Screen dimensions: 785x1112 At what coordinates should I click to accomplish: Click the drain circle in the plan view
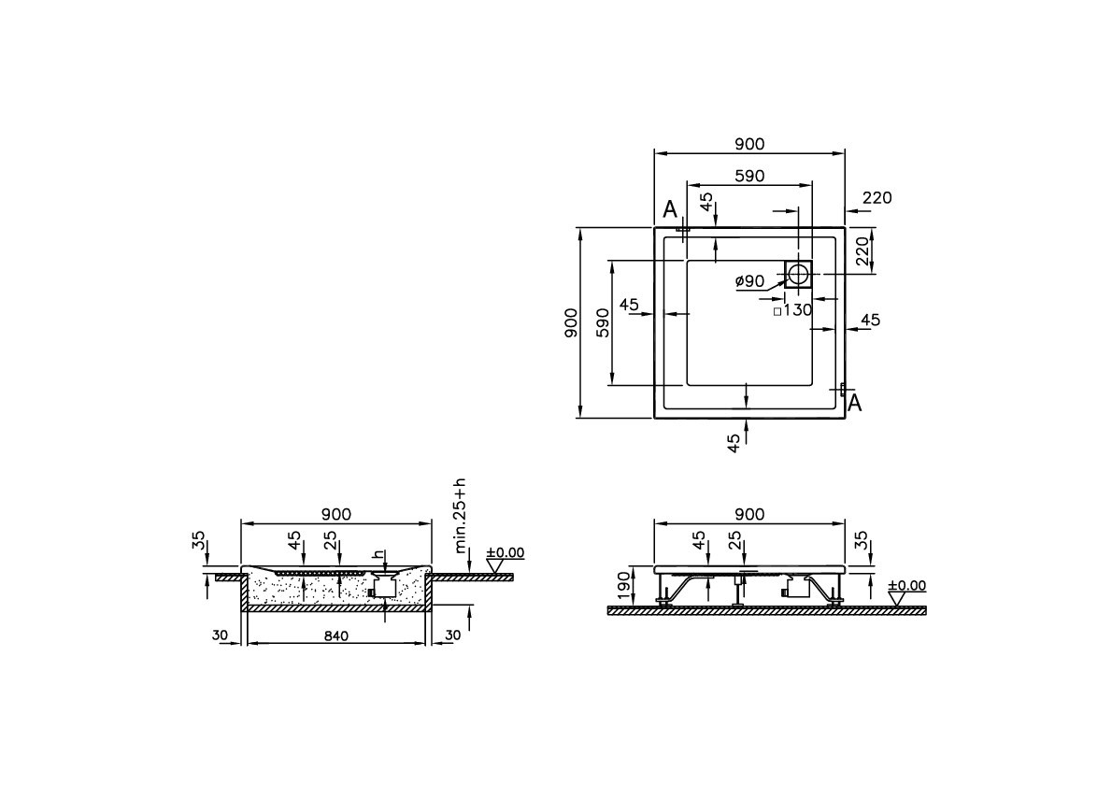click(799, 274)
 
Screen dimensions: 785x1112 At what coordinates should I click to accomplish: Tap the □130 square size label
click(792, 310)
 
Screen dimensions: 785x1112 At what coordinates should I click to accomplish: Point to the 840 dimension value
click(336, 636)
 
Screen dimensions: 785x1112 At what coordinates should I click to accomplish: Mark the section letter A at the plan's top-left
click(670, 210)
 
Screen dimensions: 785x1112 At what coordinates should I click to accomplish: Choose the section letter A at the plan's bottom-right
click(854, 403)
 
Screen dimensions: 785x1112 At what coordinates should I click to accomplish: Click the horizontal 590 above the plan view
click(749, 175)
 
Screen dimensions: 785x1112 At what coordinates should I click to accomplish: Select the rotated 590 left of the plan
click(603, 321)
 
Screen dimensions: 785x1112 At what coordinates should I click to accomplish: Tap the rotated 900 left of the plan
click(572, 321)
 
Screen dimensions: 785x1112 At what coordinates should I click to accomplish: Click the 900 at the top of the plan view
click(749, 144)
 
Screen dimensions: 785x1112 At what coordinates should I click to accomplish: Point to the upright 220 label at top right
click(877, 198)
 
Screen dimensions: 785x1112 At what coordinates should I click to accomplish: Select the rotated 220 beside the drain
click(863, 250)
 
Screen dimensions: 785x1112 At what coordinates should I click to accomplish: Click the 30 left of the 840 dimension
click(220, 635)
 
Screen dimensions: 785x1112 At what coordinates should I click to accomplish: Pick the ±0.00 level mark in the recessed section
click(506, 553)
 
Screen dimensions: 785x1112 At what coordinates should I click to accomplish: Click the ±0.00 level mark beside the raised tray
click(905, 586)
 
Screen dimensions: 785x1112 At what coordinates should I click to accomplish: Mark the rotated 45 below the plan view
click(734, 443)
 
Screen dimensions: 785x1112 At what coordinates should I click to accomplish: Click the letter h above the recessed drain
click(378, 554)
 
